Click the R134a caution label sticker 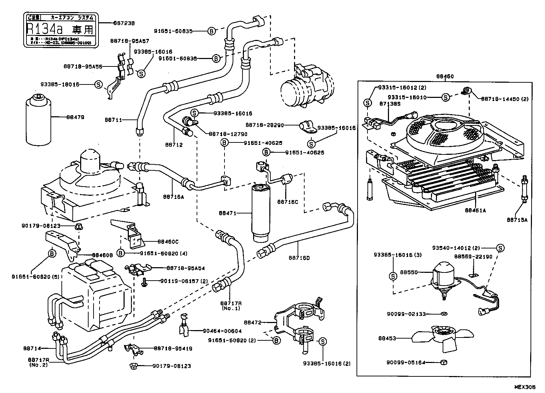[x=60, y=30]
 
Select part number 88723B [x=124, y=23]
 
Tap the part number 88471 [x=227, y=213]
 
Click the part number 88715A [x=517, y=219]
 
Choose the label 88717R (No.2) [x=38, y=362]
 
